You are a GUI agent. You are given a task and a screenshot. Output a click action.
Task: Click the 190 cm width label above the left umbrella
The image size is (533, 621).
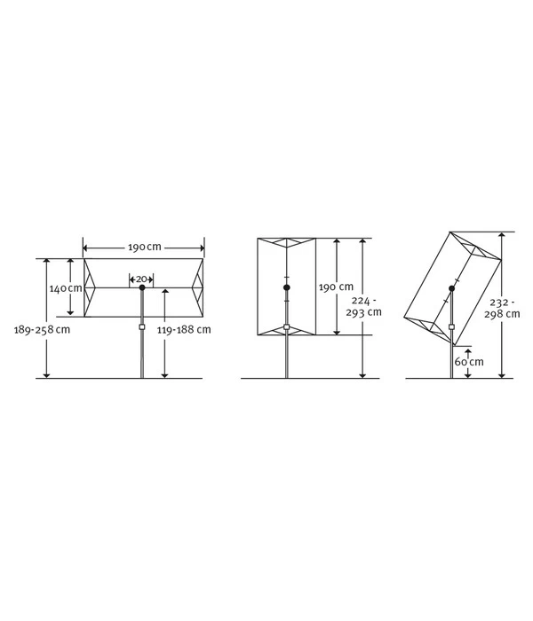coord(144,248)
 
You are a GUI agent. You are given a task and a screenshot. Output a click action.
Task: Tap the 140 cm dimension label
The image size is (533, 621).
coord(66,288)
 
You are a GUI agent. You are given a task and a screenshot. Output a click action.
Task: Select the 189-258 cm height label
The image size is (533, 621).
coord(42,329)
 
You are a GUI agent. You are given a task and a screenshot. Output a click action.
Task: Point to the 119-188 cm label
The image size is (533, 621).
coord(184,329)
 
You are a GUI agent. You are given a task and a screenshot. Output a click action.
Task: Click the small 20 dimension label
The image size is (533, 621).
coord(141,279)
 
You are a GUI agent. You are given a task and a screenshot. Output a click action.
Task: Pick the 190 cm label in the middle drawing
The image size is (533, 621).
coord(336,287)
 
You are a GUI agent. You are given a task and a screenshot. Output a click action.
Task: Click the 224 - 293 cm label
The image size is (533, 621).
coord(363,307)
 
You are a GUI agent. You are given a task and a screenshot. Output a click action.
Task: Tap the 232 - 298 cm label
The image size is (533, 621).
coord(502,308)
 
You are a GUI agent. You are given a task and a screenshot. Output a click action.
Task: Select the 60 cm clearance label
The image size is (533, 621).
coord(469,362)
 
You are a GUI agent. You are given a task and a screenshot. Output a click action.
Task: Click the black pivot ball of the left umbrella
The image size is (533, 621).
coord(142,287)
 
